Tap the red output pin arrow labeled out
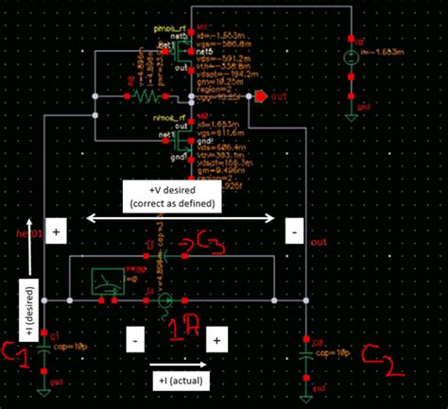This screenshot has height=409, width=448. tap(260, 95)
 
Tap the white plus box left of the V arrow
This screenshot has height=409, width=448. tap(55, 230)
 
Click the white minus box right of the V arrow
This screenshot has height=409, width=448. tap(295, 230)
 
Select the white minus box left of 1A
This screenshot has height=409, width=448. tap(136, 336)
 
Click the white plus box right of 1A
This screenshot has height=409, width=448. tap(216, 337)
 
